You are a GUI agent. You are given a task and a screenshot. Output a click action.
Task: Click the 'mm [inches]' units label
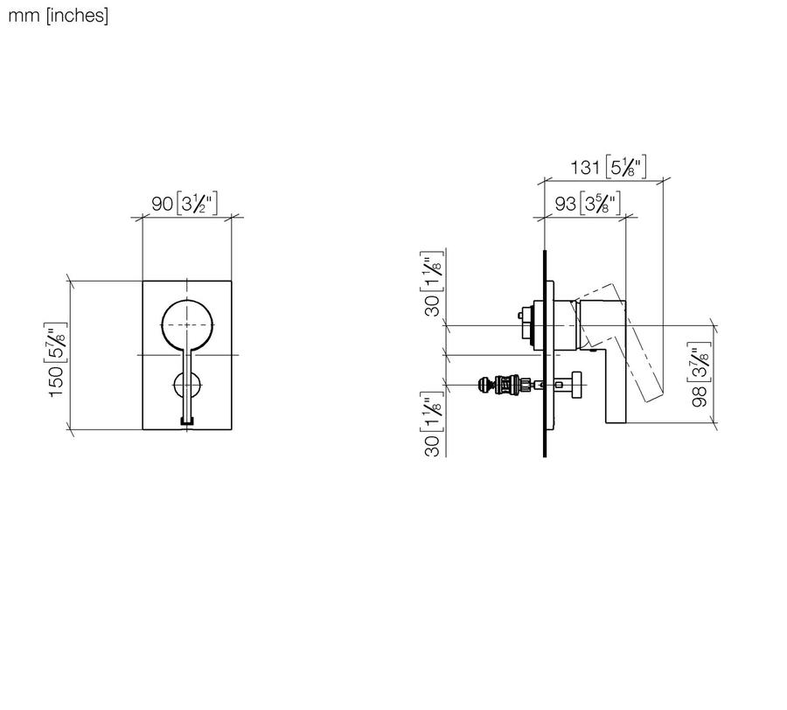[x=59, y=16]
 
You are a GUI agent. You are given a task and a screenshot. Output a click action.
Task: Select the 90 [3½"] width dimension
[x=185, y=204]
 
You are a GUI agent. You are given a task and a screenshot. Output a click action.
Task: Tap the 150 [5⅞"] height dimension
[x=57, y=359]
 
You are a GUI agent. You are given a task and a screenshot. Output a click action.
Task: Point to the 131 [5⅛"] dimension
[x=608, y=167]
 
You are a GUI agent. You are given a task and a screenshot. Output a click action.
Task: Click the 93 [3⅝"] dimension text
[x=588, y=203]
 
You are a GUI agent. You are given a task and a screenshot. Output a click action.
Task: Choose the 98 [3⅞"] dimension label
[x=700, y=374]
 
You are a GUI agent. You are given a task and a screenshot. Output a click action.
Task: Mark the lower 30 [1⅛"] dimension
[x=433, y=424]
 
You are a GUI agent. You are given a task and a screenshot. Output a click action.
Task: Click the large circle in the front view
[x=188, y=300]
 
